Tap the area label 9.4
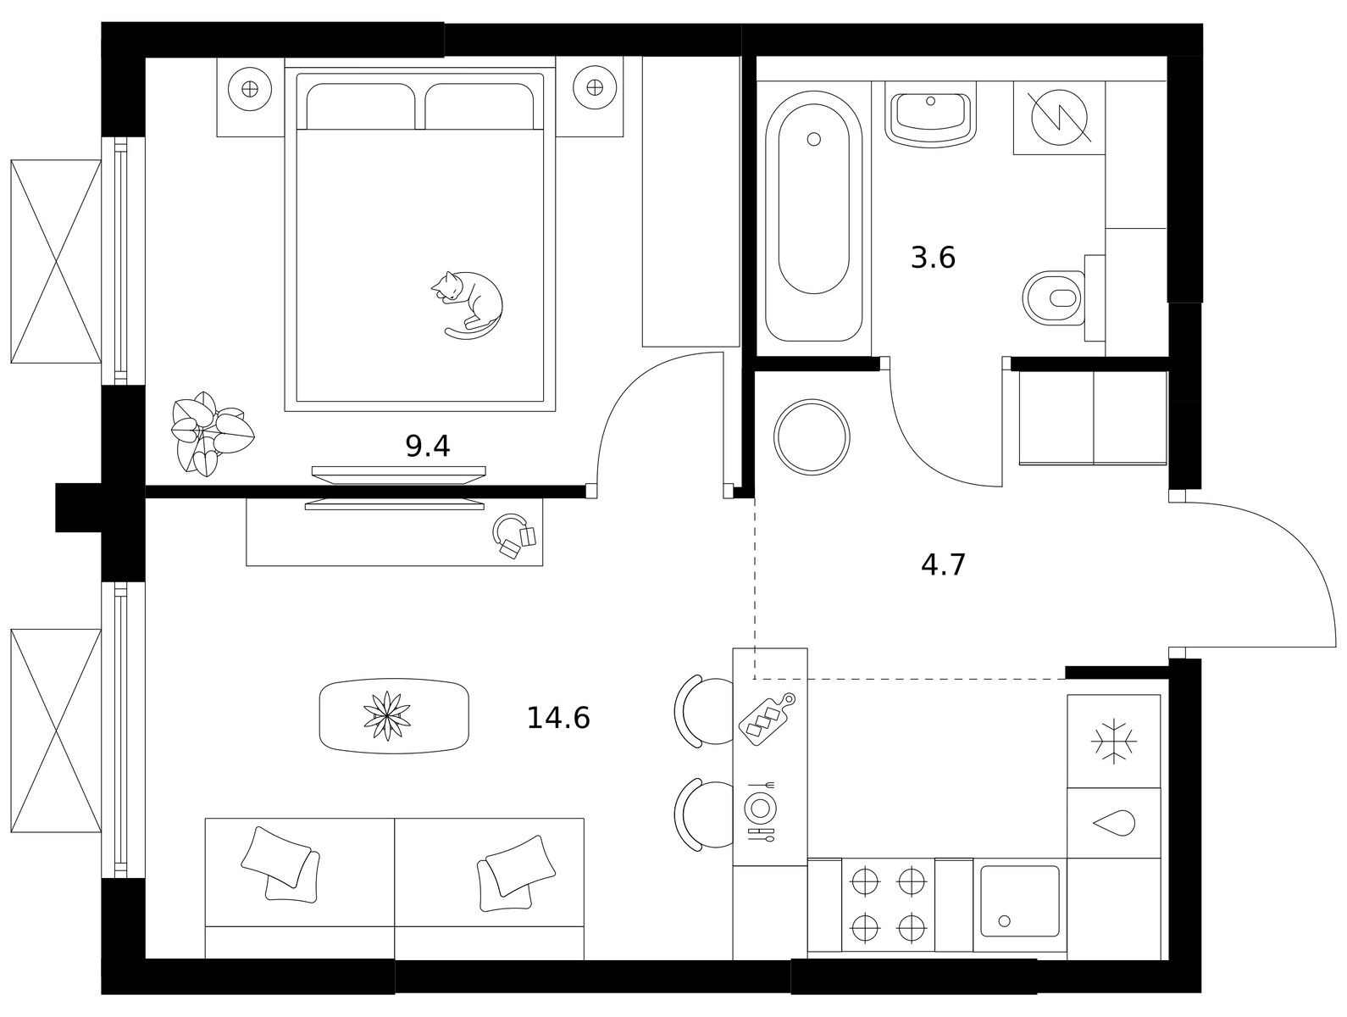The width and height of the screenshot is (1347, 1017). [x=428, y=446]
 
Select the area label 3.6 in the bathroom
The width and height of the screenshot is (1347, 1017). [x=933, y=258]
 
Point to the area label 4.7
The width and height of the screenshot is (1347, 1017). [x=943, y=564]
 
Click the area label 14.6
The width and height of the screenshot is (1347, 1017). [x=558, y=718]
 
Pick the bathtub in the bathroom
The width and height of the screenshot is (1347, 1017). [x=814, y=216]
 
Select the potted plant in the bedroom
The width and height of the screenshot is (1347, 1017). [x=212, y=434]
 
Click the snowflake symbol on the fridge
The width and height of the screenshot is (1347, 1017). [x=1113, y=742]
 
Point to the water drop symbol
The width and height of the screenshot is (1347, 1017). [x=1114, y=824]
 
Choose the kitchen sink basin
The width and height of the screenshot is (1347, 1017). [x=1019, y=902]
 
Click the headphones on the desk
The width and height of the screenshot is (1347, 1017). [x=513, y=536]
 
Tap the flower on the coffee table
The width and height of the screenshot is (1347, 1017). [x=386, y=716]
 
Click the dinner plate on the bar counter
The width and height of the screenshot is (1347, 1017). [x=760, y=808]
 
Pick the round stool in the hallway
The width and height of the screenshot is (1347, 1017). [x=812, y=437]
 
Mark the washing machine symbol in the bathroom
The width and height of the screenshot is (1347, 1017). [x=1059, y=117]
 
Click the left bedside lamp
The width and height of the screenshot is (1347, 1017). [x=250, y=89]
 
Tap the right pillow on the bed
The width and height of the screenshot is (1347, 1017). [x=479, y=106]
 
